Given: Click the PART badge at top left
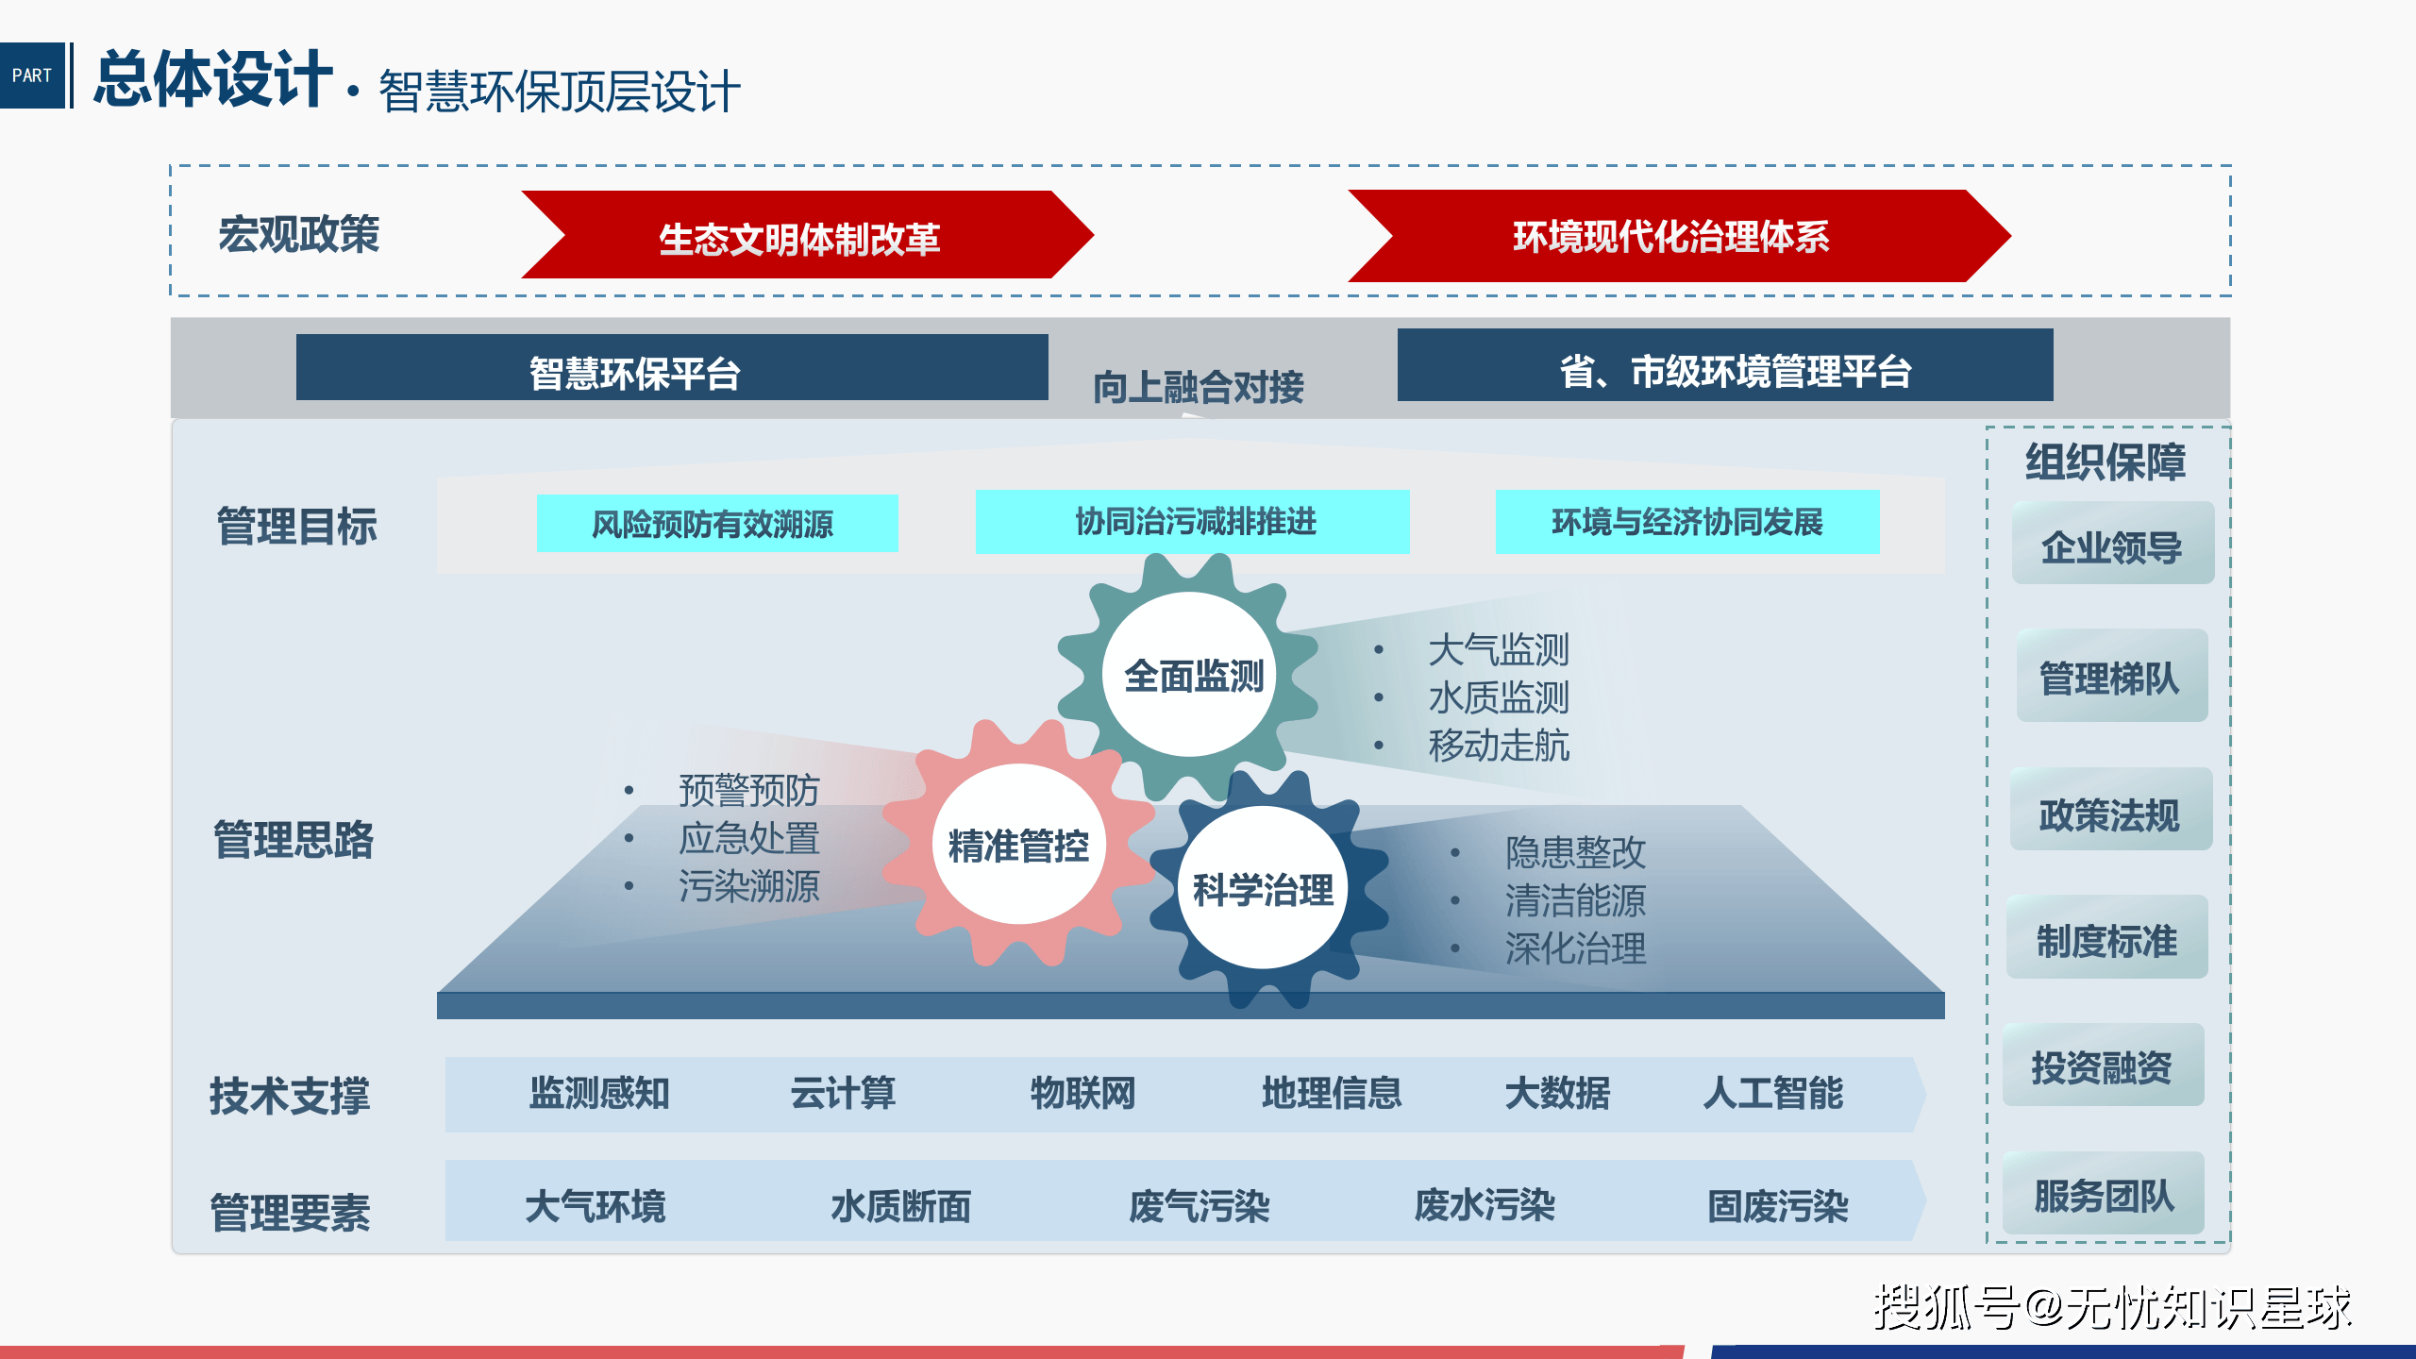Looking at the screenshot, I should tap(32, 75).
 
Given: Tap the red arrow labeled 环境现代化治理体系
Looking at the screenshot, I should tap(1670, 236).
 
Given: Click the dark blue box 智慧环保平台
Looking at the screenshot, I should tap(671, 369).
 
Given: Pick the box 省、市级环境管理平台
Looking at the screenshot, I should tap(1724, 367).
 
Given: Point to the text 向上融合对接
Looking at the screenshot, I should tap(1198, 387).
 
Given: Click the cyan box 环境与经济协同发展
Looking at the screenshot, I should tap(1686, 522).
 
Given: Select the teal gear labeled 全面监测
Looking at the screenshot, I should tap(1192, 675).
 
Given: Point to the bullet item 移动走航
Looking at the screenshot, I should tap(1498, 746).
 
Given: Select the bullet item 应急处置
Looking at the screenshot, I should tap(748, 838).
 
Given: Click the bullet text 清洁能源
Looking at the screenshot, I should tap(1574, 900).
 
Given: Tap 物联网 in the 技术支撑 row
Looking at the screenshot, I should tap(1082, 1093).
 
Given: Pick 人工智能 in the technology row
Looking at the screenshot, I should tap(1772, 1093).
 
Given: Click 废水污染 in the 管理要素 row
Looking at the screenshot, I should tap(1484, 1205).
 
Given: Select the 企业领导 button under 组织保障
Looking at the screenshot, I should tap(2111, 545).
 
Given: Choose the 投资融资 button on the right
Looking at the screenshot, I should tap(2102, 1066).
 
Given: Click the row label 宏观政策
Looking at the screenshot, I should tap(298, 234).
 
